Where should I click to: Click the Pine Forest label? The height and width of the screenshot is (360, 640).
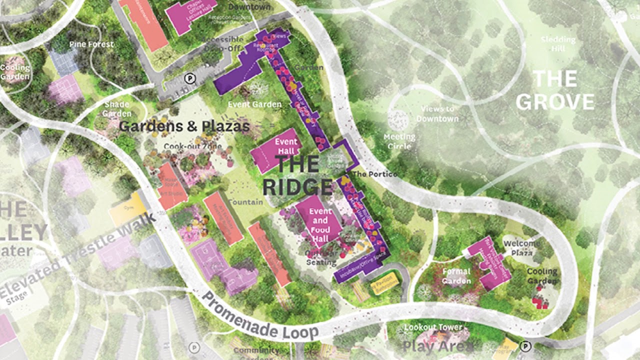point(91,44)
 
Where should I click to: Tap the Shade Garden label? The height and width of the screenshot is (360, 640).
point(116,109)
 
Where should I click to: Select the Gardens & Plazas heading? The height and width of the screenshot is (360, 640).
point(184,126)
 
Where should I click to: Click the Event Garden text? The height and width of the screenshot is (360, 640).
point(254,104)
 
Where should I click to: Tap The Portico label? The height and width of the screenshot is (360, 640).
point(375,174)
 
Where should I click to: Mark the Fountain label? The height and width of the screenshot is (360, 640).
point(245,202)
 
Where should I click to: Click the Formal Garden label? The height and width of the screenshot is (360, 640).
point(456,276)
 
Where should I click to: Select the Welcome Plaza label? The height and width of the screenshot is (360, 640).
point(521,248)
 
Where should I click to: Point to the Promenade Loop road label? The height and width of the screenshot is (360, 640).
point(260,316)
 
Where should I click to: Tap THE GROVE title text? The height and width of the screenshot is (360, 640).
point(555,90)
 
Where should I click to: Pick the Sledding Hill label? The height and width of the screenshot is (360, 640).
point(558,44)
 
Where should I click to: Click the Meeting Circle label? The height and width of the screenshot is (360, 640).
point(399,141)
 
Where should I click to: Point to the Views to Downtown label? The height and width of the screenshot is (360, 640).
point(437,114)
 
